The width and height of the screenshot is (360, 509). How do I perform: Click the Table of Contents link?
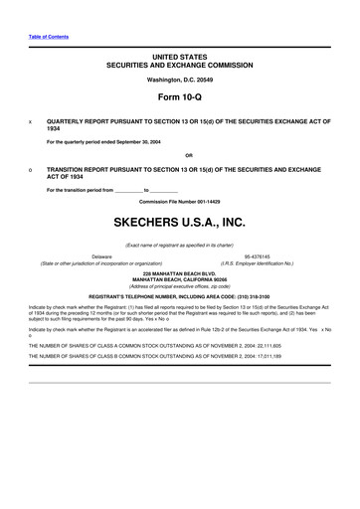point(41,36)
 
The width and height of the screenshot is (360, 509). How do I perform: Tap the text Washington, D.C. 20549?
point(180,79)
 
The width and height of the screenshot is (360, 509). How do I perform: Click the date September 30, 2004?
point(154,140)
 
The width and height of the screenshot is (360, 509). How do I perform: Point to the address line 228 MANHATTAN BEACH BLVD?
point(180,271)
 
